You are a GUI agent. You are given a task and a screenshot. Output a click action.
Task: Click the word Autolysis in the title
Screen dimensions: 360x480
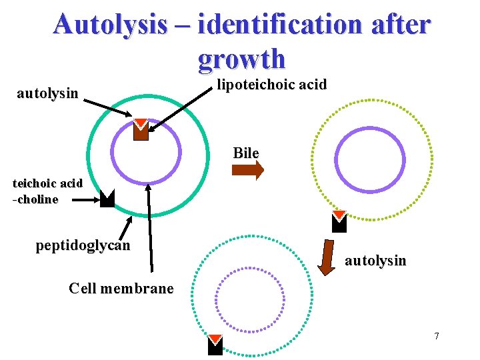[110, 25]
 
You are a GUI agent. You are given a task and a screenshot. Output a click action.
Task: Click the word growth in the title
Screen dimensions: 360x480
[241, 59]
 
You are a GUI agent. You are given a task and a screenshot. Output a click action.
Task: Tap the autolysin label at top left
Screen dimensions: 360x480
[47, 93]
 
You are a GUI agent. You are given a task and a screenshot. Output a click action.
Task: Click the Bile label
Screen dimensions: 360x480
[246, 153]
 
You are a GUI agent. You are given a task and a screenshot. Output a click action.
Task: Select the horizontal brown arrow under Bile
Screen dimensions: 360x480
[247, 170]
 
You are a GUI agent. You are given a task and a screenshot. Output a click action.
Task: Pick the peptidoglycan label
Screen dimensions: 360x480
[83, 245]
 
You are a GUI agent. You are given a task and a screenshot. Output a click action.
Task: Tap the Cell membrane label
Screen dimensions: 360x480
[121, 288]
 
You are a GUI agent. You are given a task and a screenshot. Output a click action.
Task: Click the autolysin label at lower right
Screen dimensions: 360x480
[375, 260]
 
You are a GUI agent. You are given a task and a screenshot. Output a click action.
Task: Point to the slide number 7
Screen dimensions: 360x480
[437, 335]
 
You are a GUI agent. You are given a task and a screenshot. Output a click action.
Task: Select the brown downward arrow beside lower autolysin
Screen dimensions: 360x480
[327, 257]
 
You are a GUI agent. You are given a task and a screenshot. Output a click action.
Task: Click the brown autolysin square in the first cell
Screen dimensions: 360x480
[141, 129]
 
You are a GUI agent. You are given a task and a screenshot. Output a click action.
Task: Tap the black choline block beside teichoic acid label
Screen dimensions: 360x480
[107, 199]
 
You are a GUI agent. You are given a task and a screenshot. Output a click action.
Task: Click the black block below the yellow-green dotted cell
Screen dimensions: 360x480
[339, 222]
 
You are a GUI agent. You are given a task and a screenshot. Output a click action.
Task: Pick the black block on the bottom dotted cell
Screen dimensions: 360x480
[215, 344]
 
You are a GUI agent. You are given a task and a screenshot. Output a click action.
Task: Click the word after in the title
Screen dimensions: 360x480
[398, 25]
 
